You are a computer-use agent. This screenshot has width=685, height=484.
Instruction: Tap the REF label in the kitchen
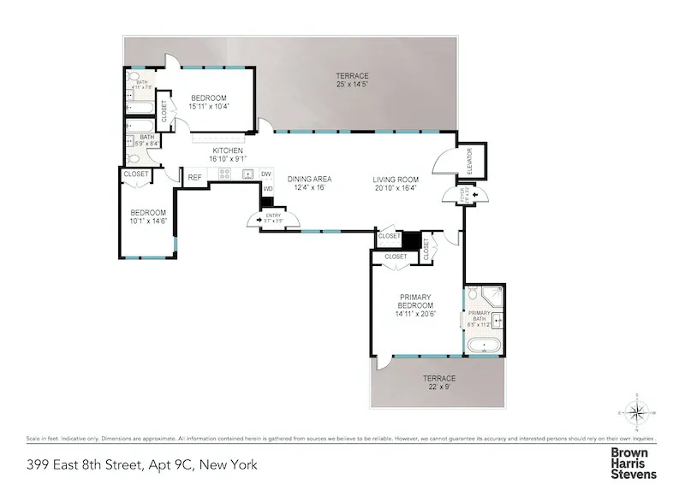coord(195,177)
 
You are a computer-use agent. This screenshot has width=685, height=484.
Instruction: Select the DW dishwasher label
coord(267,174)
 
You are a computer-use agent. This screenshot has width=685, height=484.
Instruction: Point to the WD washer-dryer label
coord(267,189)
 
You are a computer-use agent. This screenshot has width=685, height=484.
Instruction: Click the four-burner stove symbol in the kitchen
coord(225,174)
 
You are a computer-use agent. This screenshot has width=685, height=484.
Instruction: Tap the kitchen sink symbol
coord(247,174)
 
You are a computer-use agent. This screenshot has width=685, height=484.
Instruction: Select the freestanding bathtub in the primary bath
coord(484,346)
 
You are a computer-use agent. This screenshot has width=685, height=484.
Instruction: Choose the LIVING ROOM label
coord(394,179)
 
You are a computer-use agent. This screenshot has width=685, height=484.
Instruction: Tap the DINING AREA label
coord(309,179)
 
